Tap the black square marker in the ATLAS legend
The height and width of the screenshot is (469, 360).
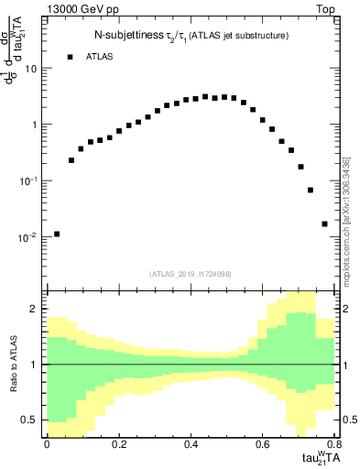click(x=70, y=57)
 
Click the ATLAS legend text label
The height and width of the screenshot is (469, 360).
click(x=101, y=57)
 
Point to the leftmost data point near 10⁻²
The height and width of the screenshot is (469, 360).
click(x=57, y=234)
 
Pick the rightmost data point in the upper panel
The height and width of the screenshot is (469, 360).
click(x=324, y=224)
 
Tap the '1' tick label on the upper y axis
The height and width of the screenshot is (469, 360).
click(x=35, y=125)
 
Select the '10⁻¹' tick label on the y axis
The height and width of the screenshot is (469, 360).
click(x=30, y=180)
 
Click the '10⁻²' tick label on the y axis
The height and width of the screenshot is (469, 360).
click(x=30, y=236)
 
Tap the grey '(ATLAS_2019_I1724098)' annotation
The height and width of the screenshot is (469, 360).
click(x=191, y=273)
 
